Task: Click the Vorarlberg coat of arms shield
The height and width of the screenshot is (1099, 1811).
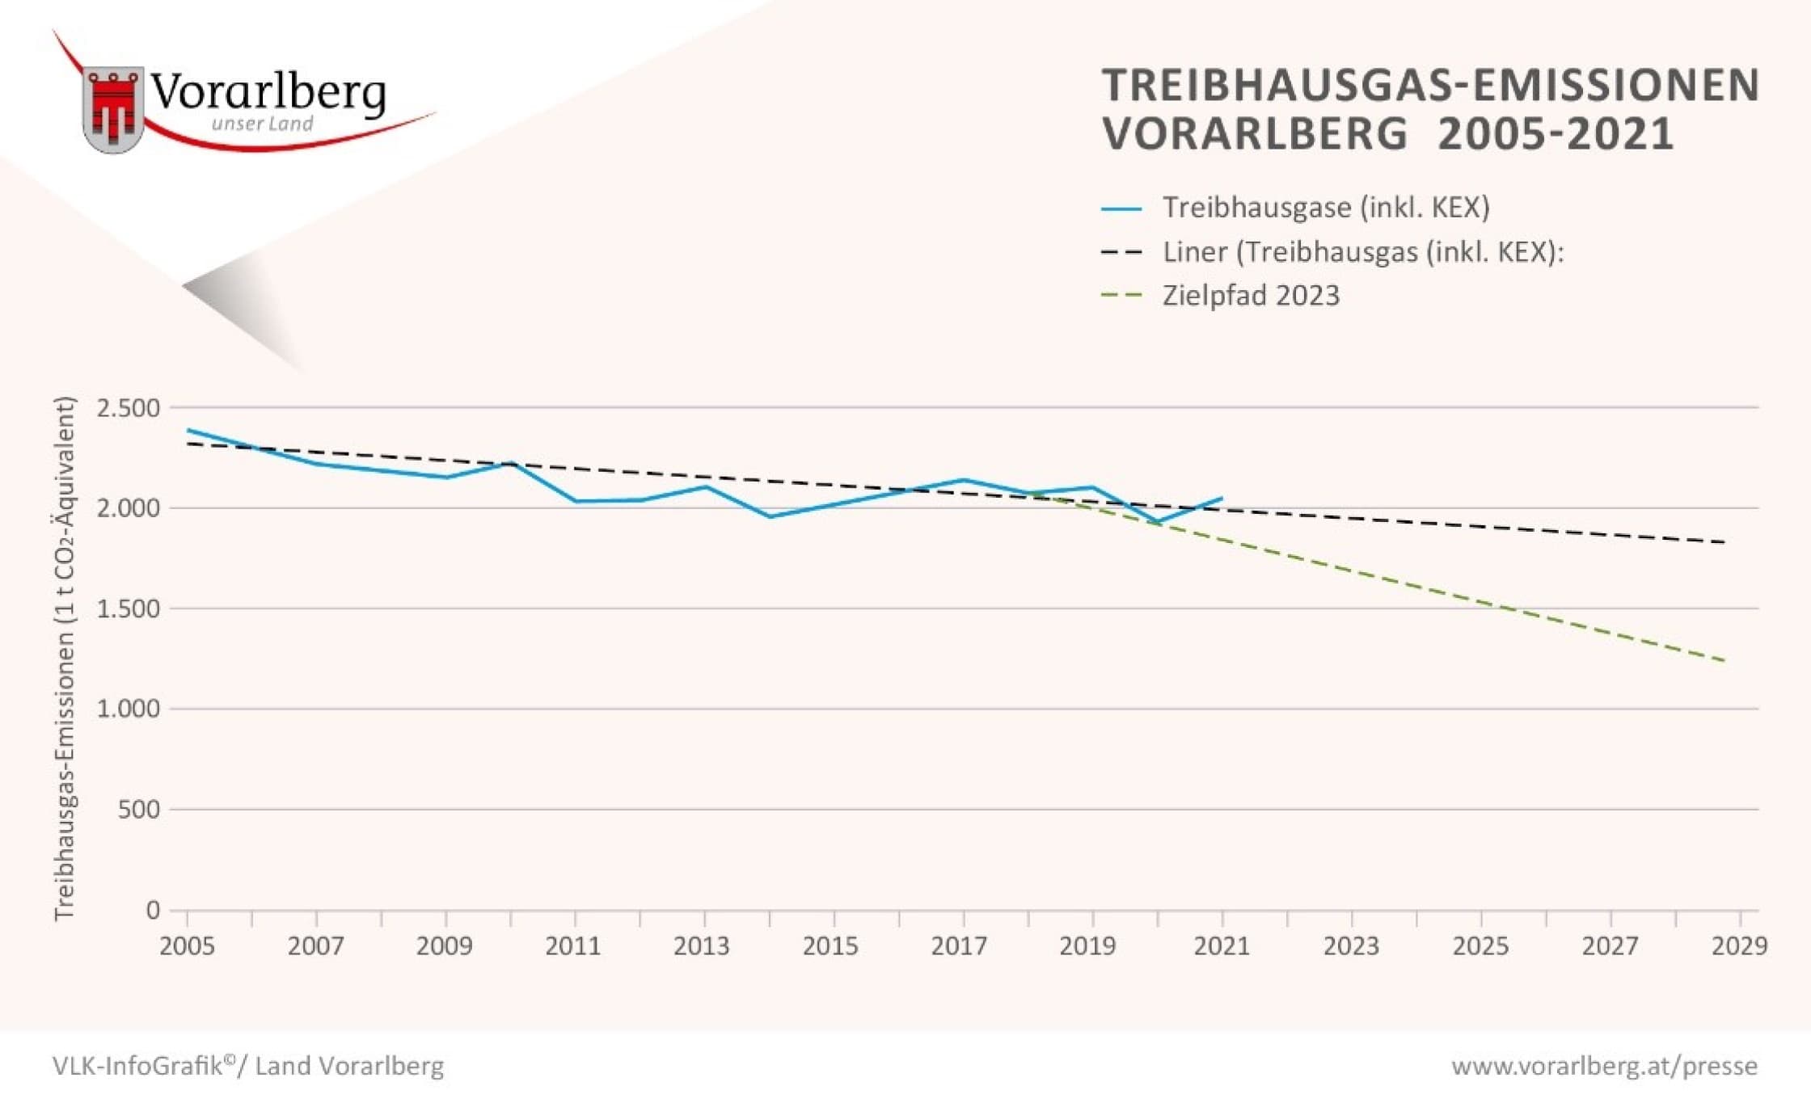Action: (x=113, y=109)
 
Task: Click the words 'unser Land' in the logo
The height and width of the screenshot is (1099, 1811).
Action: (x=262, y=124)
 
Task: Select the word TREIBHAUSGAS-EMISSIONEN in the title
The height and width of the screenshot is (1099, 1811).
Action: (x=1430, y=85)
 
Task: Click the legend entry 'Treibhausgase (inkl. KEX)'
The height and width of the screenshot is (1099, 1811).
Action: (x=1326, y=208)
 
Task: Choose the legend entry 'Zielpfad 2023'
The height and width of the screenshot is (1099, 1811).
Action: (x=1251, y=296)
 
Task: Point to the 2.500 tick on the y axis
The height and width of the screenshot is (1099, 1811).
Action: (x=129, y=408)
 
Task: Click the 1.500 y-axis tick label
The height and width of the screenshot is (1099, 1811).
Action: (x=129, y=608)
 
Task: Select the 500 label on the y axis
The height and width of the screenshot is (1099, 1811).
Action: (x=139, y=809)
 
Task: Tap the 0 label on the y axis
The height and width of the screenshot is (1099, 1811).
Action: (x=153, y=910)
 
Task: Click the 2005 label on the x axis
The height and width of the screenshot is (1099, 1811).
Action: (x=187, y=945)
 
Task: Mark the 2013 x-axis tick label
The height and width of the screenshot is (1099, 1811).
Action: (x=702, y=945)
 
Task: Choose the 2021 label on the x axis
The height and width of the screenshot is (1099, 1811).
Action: (x=1222, y=945)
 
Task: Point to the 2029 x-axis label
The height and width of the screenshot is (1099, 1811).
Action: (x=1739, y=945)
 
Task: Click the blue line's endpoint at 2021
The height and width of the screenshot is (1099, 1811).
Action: (x=1222, y=498)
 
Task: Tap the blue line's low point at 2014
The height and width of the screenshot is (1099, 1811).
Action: (x=770, y=516)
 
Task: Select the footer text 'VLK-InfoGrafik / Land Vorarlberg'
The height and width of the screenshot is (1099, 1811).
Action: (x=248, y=1066)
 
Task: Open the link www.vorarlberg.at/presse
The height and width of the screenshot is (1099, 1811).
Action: (x=1604, y=1066)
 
